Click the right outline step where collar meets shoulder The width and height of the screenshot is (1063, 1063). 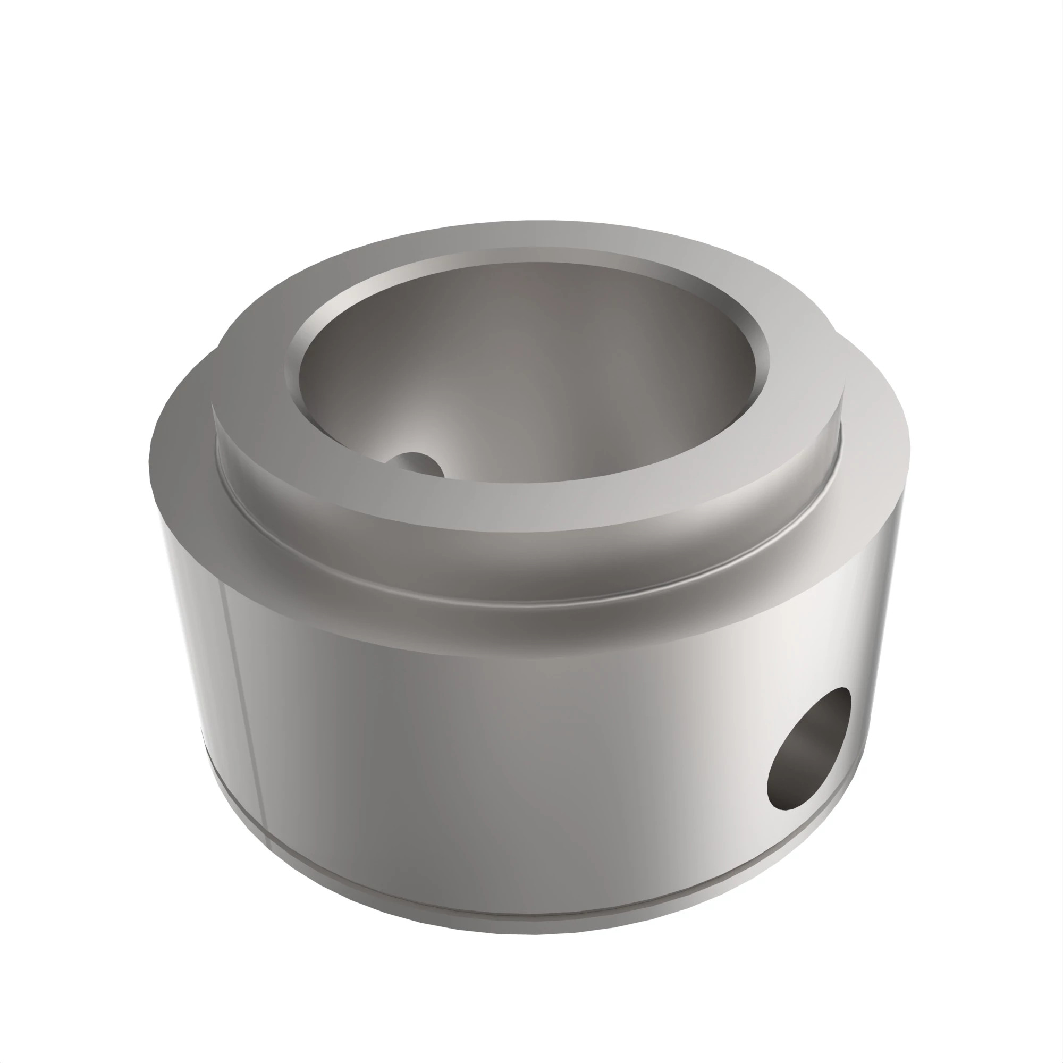836,333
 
